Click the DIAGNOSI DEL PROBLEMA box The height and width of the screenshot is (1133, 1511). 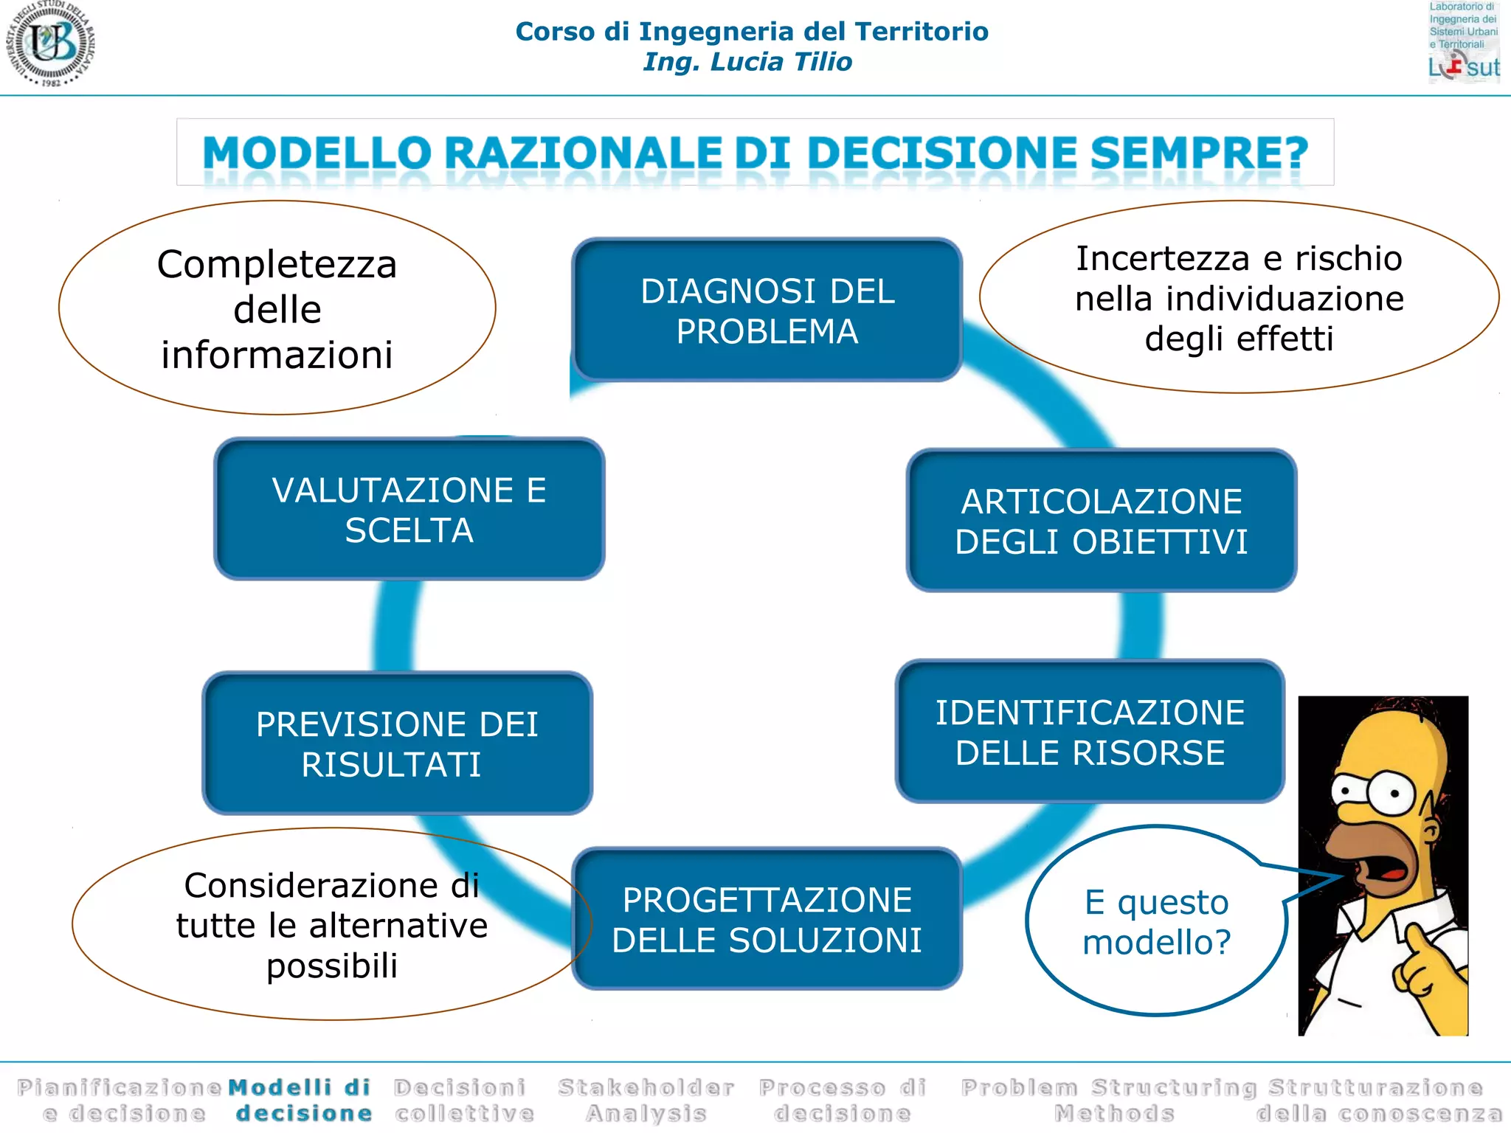point(767,310)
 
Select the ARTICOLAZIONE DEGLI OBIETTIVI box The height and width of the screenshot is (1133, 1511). point(1101,521)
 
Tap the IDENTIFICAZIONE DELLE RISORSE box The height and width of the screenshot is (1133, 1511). point(1090,732)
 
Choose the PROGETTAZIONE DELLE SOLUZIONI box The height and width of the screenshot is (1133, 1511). point(767,919)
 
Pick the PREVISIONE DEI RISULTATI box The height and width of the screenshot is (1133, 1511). point(397,744)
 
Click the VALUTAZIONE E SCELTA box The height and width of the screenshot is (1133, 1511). point(409,509)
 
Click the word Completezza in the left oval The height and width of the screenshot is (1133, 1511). point(277,264)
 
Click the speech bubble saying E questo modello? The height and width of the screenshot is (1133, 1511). point(1155,922)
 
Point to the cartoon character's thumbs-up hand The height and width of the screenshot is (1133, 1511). point(1420,963)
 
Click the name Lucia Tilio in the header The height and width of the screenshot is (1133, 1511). point(781,62)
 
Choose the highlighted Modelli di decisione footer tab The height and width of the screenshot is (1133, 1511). point(301,1100)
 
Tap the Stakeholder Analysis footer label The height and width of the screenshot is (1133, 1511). point(646,1100)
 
